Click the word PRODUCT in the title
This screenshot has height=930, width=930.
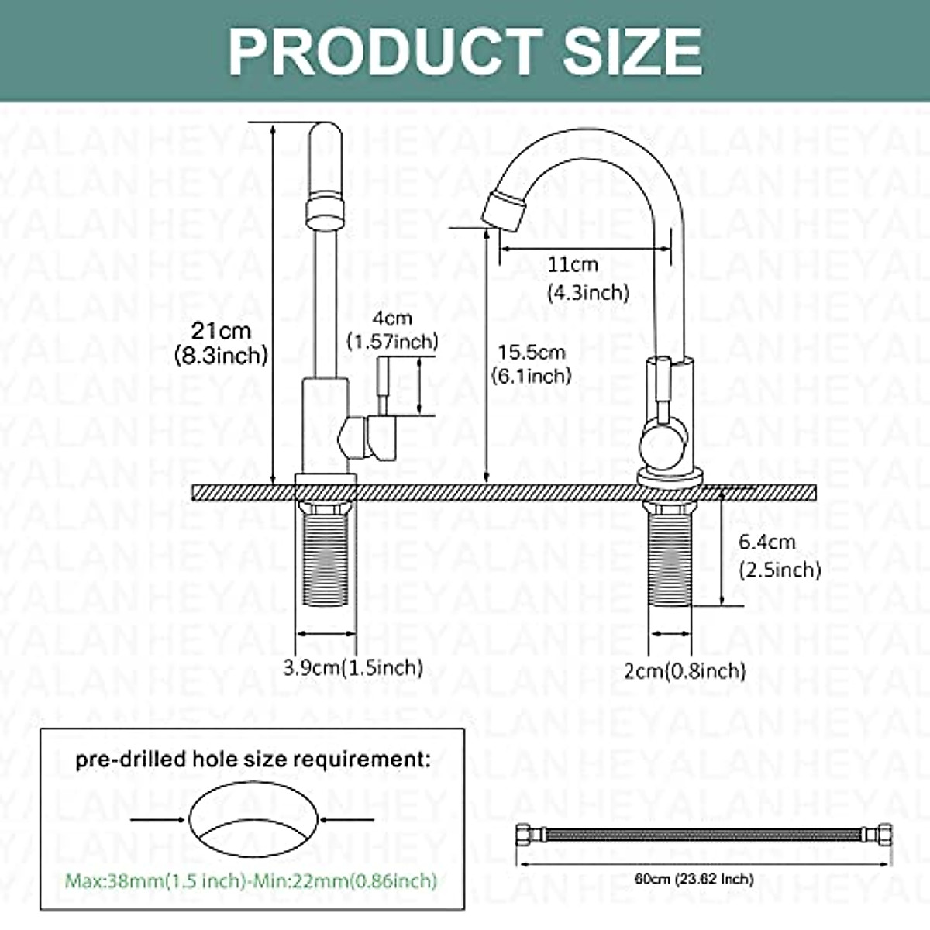(385, 51)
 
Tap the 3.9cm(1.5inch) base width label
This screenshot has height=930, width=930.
(353, 667)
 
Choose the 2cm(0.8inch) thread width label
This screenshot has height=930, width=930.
(685, 670)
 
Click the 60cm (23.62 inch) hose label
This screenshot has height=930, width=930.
(694, 879)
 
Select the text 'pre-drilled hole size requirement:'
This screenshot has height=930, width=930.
(253, 759)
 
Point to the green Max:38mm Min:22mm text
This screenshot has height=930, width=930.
(251, 881)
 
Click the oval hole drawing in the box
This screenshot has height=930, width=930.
(253, 819)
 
